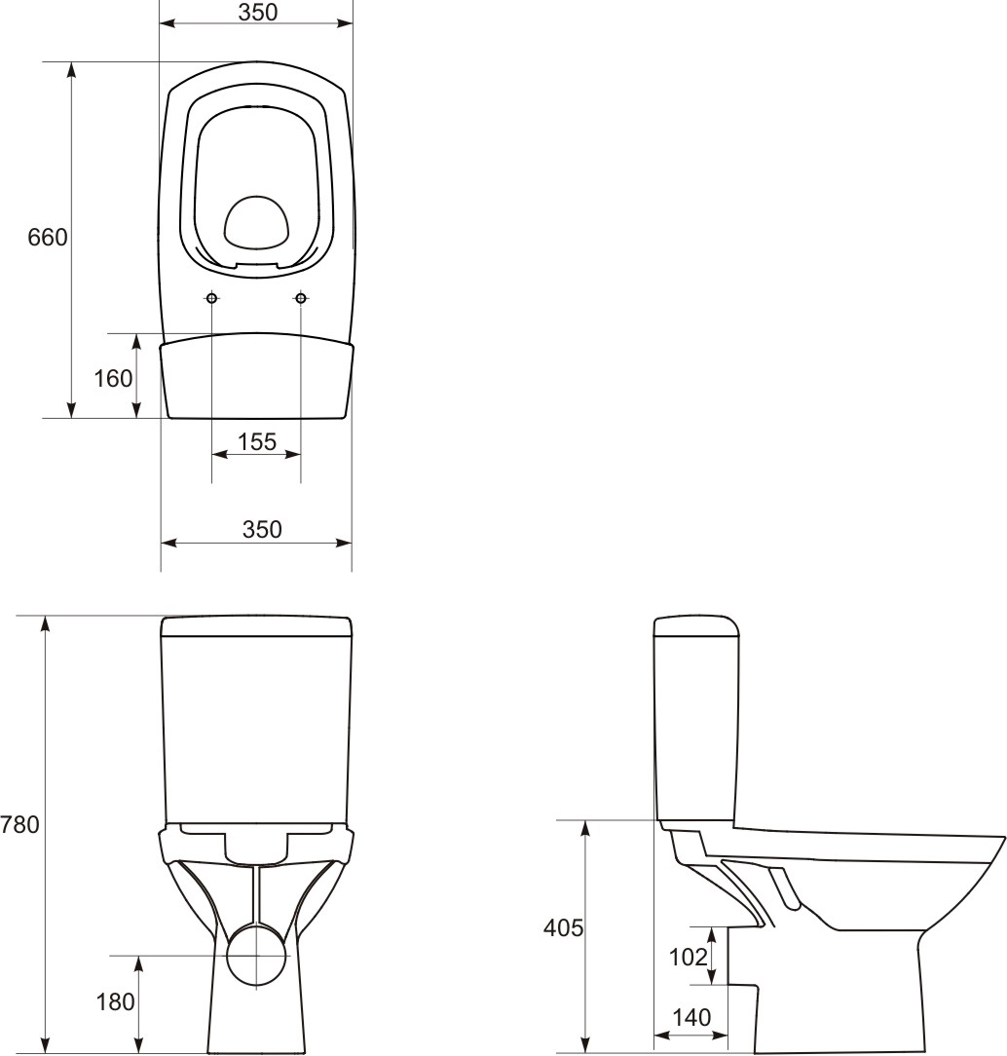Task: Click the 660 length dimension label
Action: coord(48,237)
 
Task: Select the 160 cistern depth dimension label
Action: coord(113,378)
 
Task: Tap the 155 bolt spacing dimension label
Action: coord(257,441)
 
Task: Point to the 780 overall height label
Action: coord(19,824)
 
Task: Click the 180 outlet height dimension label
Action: coord(116,1000)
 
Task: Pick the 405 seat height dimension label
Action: coord(563,928)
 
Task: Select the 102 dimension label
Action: coord(688,957)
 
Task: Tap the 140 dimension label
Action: coord(691,1018)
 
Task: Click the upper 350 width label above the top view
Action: coord(258,12)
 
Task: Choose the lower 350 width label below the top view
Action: coord(262,529)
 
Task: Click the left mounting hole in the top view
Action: coord(212,297)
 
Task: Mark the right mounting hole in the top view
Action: coord(301,297)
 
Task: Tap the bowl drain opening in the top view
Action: coord(257,223)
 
